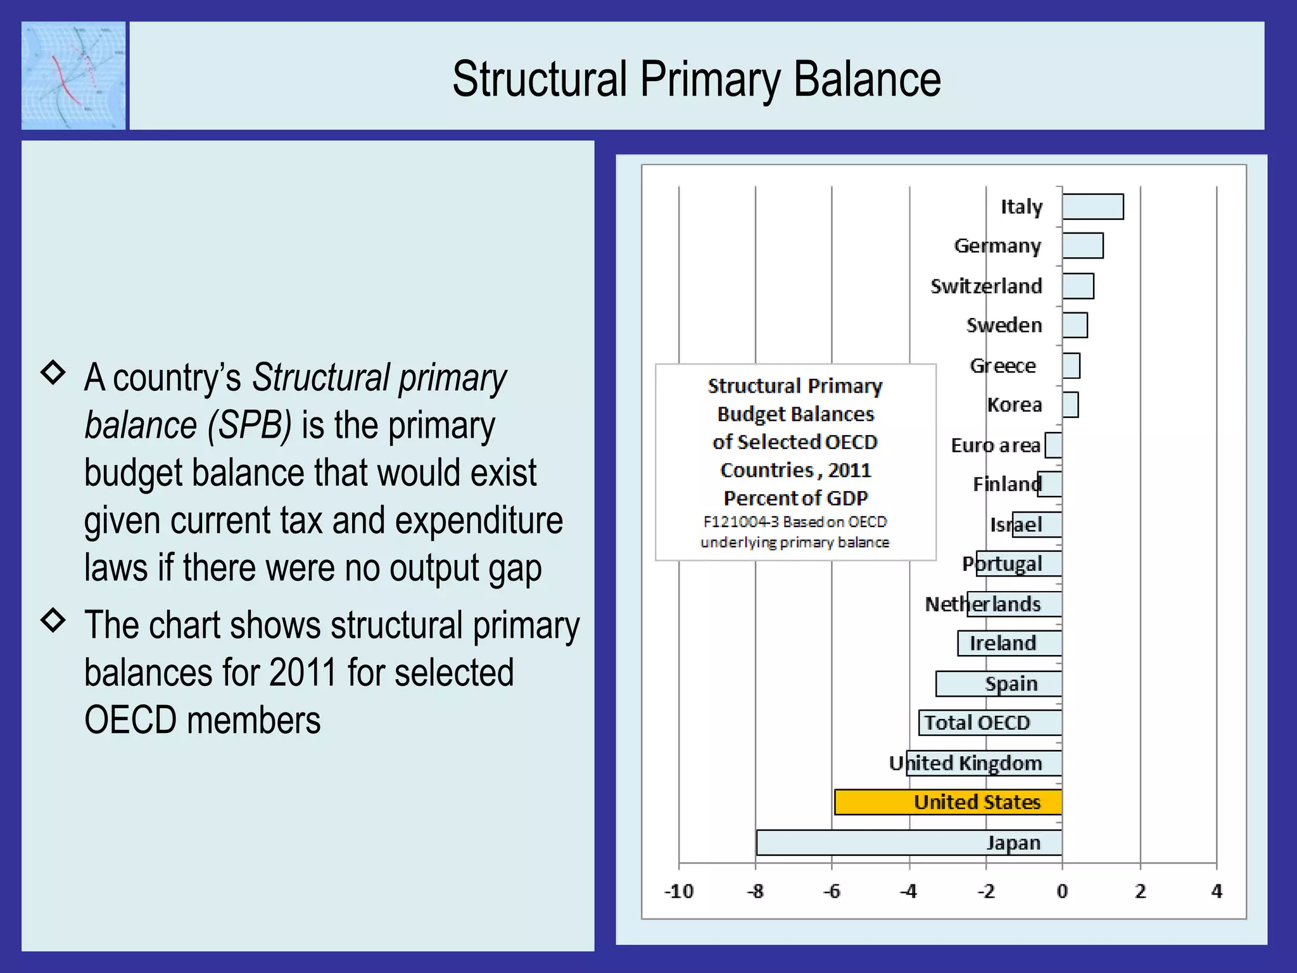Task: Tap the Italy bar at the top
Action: [x=1093, y=207]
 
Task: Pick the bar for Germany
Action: [x=1083, y=246]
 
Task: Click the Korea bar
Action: [x=1070, y=405]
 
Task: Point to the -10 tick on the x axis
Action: [x=679, y=891]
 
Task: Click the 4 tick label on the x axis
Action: [x=1217, y=891]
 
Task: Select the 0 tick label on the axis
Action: [x=1063, y=891]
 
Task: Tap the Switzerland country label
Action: [x=986, y=286]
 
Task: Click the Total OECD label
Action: [x=977, y=723]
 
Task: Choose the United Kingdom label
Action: [x=966, y=763]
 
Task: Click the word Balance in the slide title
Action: [x=867, y=79]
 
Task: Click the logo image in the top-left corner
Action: [x=73, y=75]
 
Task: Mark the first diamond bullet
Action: [x=53, y=372]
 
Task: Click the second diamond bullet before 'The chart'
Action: [x=53, y=620]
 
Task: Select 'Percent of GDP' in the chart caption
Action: [x=795, y=498]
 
